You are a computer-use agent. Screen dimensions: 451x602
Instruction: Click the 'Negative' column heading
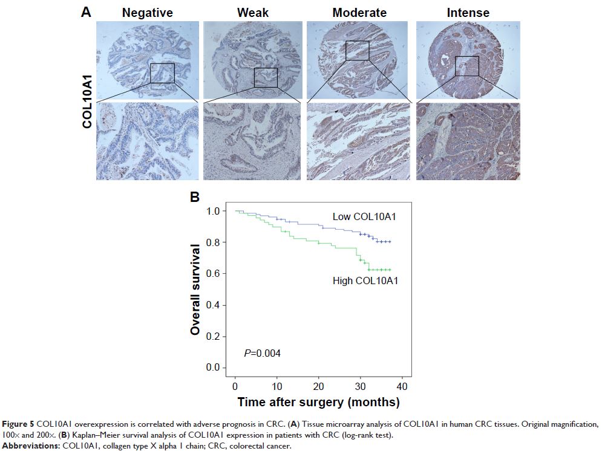coord(147,12)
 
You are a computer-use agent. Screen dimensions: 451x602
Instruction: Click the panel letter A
coord(86,11)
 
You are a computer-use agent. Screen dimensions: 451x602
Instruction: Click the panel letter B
coord(195,197)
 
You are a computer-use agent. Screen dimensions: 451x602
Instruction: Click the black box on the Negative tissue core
coord(162,73)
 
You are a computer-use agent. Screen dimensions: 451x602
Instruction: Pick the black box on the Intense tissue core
coord(466,66)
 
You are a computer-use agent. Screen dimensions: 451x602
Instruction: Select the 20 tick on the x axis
coord(319,386)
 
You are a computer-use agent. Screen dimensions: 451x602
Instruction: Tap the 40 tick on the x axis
coord(402,386)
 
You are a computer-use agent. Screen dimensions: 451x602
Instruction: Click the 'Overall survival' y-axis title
coord(195,289)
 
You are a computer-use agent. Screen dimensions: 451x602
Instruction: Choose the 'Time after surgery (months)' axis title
coord(318,402)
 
